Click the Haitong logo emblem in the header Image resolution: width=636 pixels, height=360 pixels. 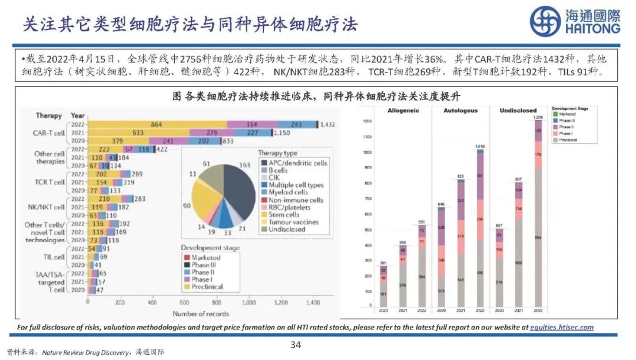(545, 22)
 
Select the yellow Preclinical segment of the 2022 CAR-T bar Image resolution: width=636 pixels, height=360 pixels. (157, 124)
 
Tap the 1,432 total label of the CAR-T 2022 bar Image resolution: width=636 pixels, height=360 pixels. (327, 124)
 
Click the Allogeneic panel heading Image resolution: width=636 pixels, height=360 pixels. (403, 111)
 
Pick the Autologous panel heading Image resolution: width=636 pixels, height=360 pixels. (461, 111)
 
